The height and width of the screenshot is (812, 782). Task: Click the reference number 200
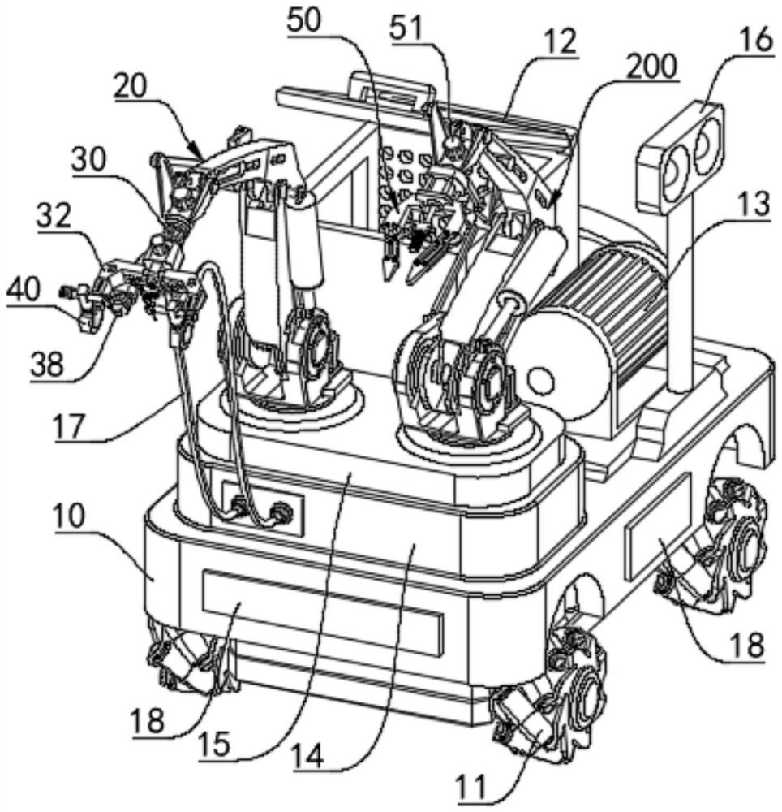(x=651, y=67)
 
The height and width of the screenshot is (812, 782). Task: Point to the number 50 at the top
(x=304, y=21)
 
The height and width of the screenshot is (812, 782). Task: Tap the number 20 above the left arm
(x=131, y=87)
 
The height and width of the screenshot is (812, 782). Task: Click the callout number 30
(x=88, y=160)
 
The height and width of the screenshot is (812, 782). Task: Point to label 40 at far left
(x=24, y=292)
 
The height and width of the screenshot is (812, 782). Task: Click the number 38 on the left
(x=47, y=365)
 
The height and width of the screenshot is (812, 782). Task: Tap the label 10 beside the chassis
(x=68, y=516)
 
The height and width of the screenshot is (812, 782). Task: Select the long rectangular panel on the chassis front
(x=322, y=606)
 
